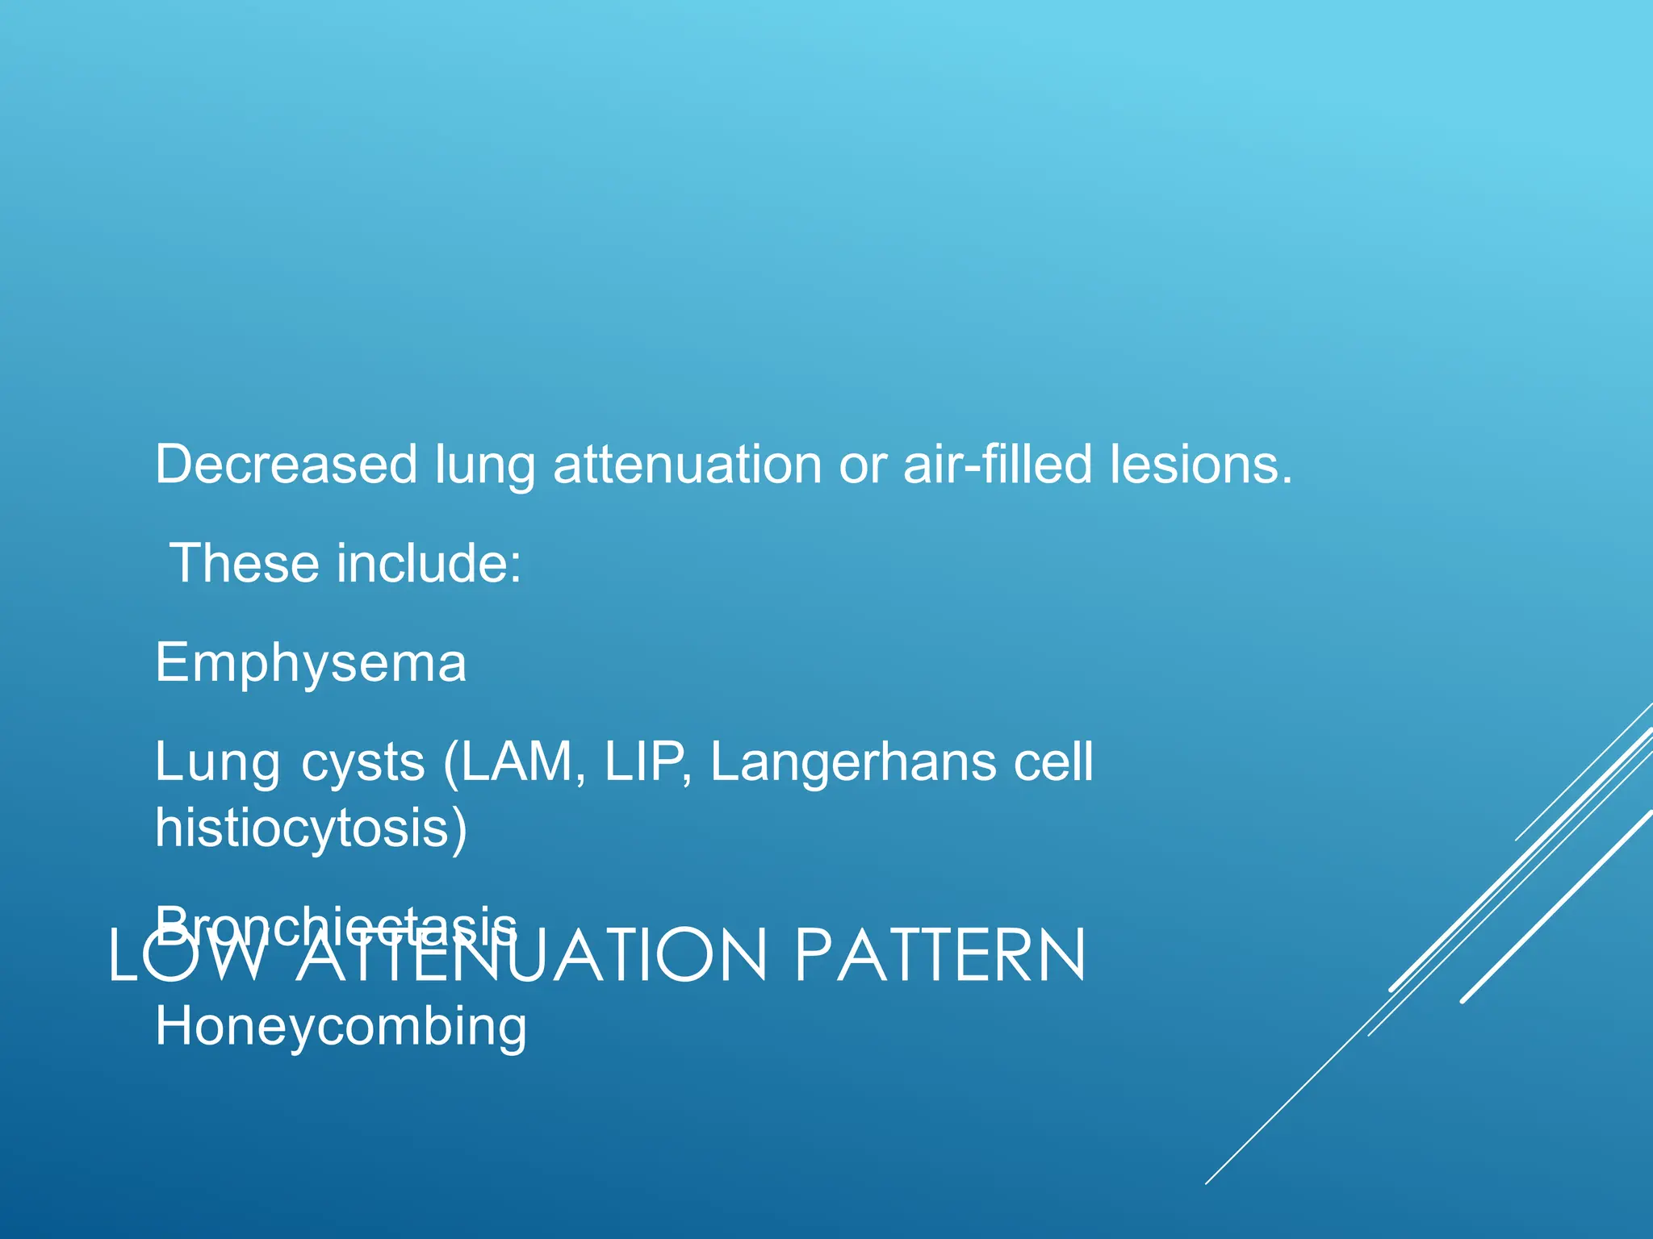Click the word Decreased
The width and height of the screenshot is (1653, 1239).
pyautogui.click(x=286, y=465)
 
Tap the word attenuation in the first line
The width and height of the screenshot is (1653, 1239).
pyautogui.click(x=687, y=465)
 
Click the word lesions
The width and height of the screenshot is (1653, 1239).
pyautogui.click(x=1200, y=465)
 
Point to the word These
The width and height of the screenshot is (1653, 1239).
pyautogui.click(x=245, y=563)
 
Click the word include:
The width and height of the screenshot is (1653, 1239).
pyautogui.click(x=429, y=563)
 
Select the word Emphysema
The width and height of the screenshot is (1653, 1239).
pyautogui.click(x=311, y=662)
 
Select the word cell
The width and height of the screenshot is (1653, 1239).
pyautogui.click(x=1053, y=762)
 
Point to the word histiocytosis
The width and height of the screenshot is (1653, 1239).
pyautogui.click(x=311, y=828)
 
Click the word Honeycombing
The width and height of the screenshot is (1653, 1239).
pyautogui.click(x=341, y=1027)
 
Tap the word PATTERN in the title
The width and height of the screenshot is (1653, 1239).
pyautogui.click(x=940, y=957)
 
